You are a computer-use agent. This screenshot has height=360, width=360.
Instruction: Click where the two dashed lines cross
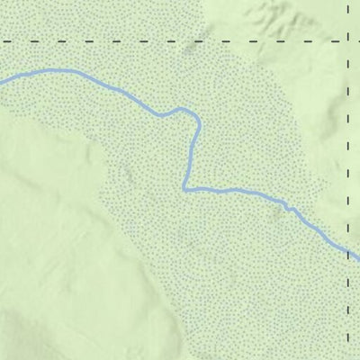348,41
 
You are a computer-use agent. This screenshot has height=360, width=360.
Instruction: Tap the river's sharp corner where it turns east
185,189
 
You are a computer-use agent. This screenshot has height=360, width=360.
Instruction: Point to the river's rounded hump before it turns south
184,110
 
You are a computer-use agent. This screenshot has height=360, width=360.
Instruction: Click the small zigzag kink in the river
288,207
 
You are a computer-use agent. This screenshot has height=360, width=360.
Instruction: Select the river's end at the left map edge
2,82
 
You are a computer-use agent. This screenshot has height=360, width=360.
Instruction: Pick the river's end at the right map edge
358,259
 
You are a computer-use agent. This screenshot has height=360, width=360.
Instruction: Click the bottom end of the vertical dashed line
348,357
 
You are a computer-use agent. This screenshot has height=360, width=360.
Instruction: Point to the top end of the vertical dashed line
348,3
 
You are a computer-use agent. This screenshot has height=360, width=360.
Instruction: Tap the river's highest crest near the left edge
54,70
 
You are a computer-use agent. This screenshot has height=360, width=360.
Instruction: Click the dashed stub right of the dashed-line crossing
355,41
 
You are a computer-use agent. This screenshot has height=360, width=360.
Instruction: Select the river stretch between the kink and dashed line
319,232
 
